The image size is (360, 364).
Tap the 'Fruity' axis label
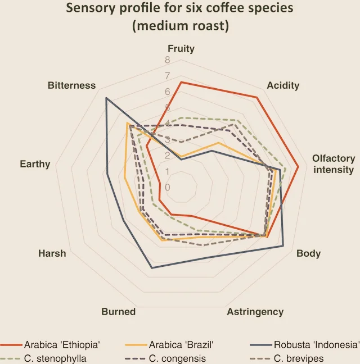[x=181, y=48]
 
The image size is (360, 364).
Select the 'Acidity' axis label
[x=283, y=85]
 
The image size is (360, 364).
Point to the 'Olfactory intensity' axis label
[x=334, y=164]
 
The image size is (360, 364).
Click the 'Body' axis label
[x=309, y=253]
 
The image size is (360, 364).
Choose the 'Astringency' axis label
[x=255, y=312]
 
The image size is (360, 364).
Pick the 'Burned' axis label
[x=118, y=312]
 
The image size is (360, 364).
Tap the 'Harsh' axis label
[x=52, y=253]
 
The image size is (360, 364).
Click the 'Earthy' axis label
[x=35, y=164]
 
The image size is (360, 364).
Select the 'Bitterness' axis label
[x=71, y=85]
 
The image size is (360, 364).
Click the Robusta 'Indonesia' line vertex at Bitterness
[x=106, y=98]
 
